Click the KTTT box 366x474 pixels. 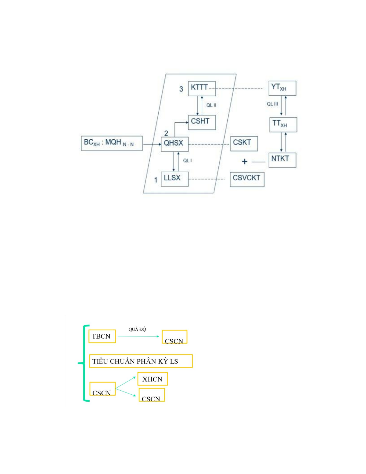(202, 89)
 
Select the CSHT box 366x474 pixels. (202, 122)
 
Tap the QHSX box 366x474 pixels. (174, 144)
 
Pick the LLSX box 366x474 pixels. (174, 179)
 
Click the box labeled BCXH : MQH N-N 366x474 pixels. (111, 143)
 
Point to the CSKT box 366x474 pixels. (244, 144)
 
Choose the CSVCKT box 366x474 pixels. (247, 179)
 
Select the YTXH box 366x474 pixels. (282, 88)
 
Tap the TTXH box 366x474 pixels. (283, 124)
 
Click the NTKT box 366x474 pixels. (282, 160)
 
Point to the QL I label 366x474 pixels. (187, 161)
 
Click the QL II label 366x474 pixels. (211, 105)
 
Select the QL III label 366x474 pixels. (272, 104)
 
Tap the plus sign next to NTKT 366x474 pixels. (245, 161)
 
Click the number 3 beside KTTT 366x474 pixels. (181, 89)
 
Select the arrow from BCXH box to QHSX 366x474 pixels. (152, 144)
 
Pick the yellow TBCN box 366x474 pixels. (102, 336)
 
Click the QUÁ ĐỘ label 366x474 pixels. (137, 329)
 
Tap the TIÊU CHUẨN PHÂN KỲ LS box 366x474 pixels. (141, 361)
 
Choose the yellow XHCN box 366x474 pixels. (152, 379)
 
